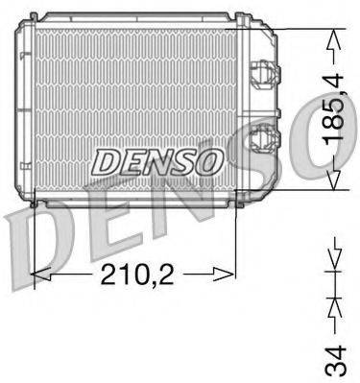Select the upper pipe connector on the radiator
pos(260,72)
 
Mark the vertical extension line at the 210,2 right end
pos(236,240)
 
